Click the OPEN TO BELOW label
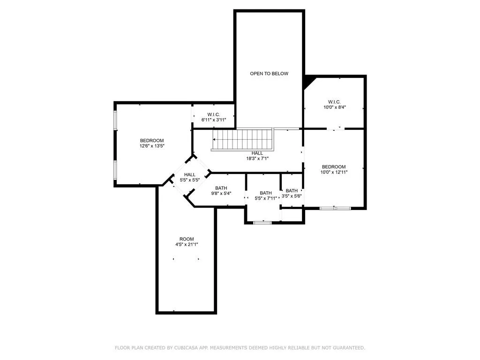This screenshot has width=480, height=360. [269, 74]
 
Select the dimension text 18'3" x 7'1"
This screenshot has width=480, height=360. [257, 158]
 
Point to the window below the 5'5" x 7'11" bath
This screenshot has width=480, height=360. [262, 223]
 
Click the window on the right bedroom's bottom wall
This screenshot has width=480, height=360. [335, 208]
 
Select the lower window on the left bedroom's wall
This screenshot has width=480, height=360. [115, 170]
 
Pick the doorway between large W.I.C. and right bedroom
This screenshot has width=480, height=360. [334, 128]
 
